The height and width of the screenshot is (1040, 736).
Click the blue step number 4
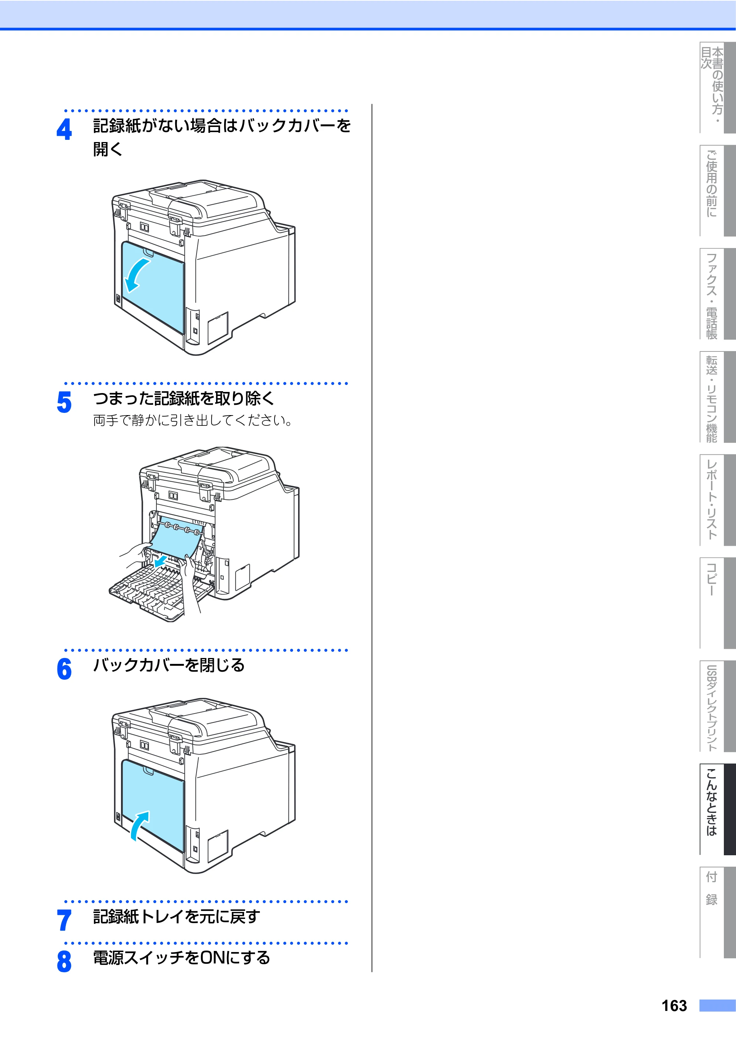click(x=64, y=129)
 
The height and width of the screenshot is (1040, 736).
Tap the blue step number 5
click(x=64, y=402)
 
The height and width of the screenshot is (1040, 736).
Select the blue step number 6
click(x=64, y=669)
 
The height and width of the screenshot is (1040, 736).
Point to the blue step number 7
click(x=64, y=920)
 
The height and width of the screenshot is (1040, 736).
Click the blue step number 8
click(x=64, y=962)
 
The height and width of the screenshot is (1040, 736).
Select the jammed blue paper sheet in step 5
click(x=176, y=537)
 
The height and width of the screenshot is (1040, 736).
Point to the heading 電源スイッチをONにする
click(x=181, y=958)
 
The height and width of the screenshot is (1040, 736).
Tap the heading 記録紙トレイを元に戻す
click(x=176, y=917)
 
